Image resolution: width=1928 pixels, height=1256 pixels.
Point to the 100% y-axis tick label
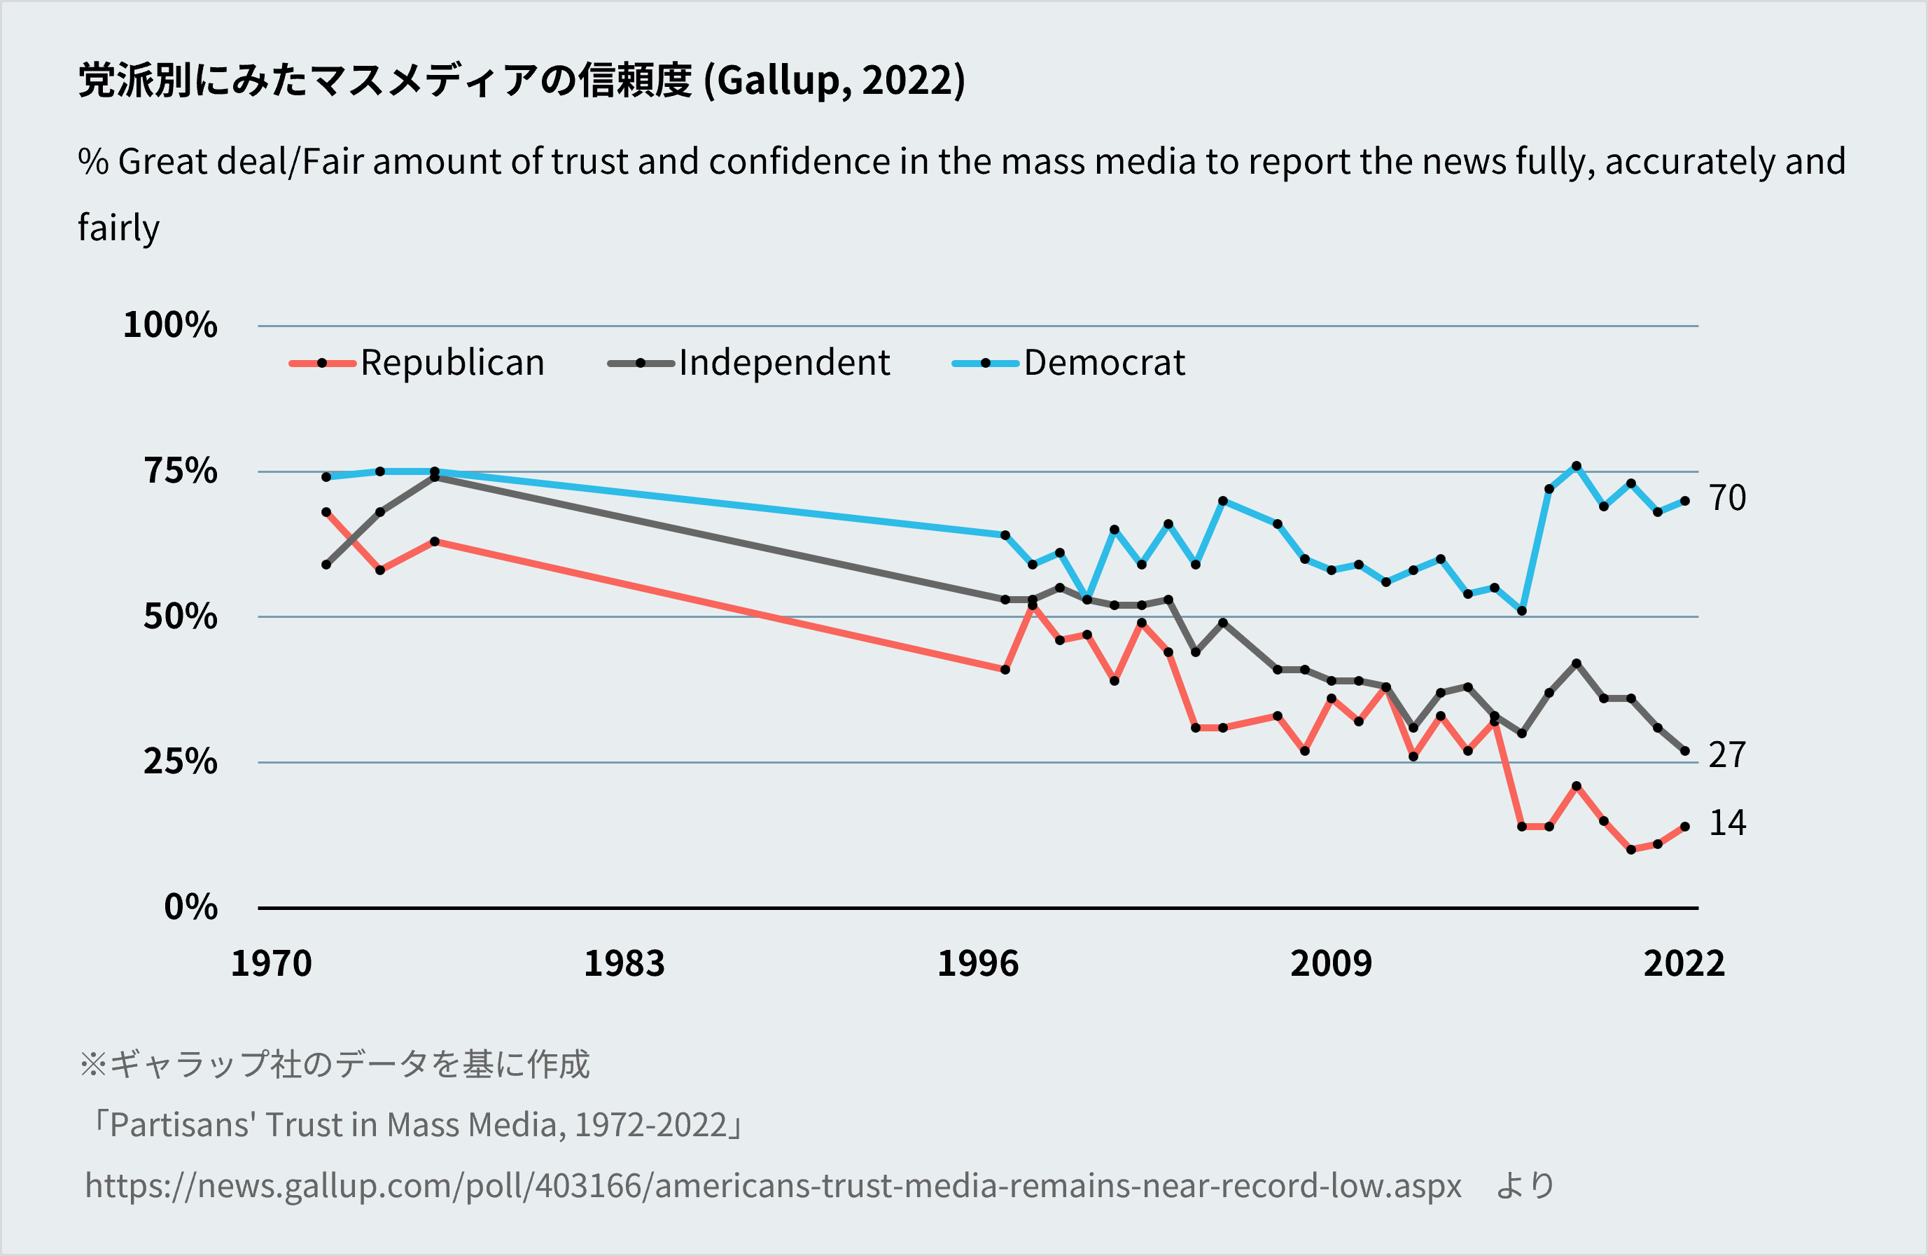point(170,325)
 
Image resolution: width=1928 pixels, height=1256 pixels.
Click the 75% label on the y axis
point(181,471)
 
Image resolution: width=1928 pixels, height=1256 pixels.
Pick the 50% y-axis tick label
point(181,616)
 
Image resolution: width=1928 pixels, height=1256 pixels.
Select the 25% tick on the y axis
point(181,761)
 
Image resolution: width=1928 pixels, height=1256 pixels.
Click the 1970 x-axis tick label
point(272,963)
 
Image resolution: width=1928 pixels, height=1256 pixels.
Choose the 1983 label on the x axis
point(624,963)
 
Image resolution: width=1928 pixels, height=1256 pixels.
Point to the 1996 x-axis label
point(978,963)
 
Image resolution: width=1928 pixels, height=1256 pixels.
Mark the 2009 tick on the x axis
point(1331,963)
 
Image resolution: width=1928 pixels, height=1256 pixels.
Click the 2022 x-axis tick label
point(1684,963)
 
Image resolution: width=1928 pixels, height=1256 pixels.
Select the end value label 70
point(1727,498)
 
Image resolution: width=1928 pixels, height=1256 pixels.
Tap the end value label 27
point(1727,755)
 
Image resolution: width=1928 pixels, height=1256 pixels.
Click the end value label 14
point(1727,823)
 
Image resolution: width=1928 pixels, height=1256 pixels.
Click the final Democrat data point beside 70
point(1685,501)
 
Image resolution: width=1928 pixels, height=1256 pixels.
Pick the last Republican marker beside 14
point(1685,827)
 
